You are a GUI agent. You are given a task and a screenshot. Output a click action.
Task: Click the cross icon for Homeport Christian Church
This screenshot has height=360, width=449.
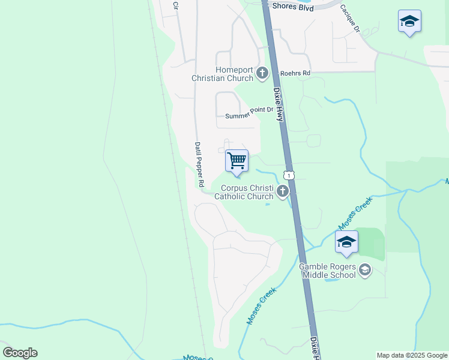coord(262,74)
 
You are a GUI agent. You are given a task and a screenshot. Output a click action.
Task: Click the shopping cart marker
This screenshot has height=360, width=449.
coord(237,161)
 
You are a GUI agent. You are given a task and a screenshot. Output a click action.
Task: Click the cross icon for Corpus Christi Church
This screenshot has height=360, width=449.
coord(282,192)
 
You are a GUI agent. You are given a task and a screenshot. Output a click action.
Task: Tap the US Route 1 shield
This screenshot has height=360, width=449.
coord(289,175)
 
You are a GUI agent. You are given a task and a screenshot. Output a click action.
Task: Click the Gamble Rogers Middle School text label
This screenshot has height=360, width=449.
coord(327,271)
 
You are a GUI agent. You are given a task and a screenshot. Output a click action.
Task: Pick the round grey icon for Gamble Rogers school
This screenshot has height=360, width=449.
coord(364,271)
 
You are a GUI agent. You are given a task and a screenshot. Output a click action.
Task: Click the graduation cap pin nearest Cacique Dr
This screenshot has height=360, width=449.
coord(409,22)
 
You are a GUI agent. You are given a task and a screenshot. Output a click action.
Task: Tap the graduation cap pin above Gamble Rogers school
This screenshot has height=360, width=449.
coord(346,242)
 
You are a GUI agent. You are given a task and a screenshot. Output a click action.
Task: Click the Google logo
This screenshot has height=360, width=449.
coord(20,353)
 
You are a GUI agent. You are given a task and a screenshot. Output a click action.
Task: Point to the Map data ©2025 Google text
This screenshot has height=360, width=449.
coord(412,355)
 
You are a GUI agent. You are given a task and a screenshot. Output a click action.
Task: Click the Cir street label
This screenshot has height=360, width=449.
coord(176,5)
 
